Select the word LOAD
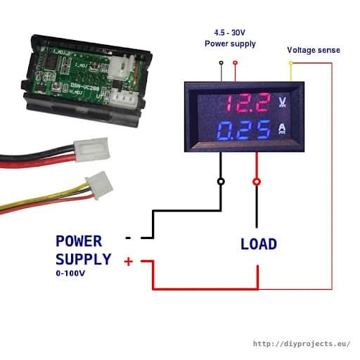click(258, 245)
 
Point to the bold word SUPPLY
click(83, 259)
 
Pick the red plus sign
click(129, 262)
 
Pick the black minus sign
click(128, 238)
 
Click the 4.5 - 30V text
click(230, 32)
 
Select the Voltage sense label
click(313, 50)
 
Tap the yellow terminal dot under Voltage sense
click(291, 63)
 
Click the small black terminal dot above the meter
click(222, 63)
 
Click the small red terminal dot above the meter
click(235, 63)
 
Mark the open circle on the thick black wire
click(222, 181)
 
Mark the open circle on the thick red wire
click(257, 181)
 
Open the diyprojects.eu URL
click(301, 344)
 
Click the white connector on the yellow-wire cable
click(95, 186)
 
